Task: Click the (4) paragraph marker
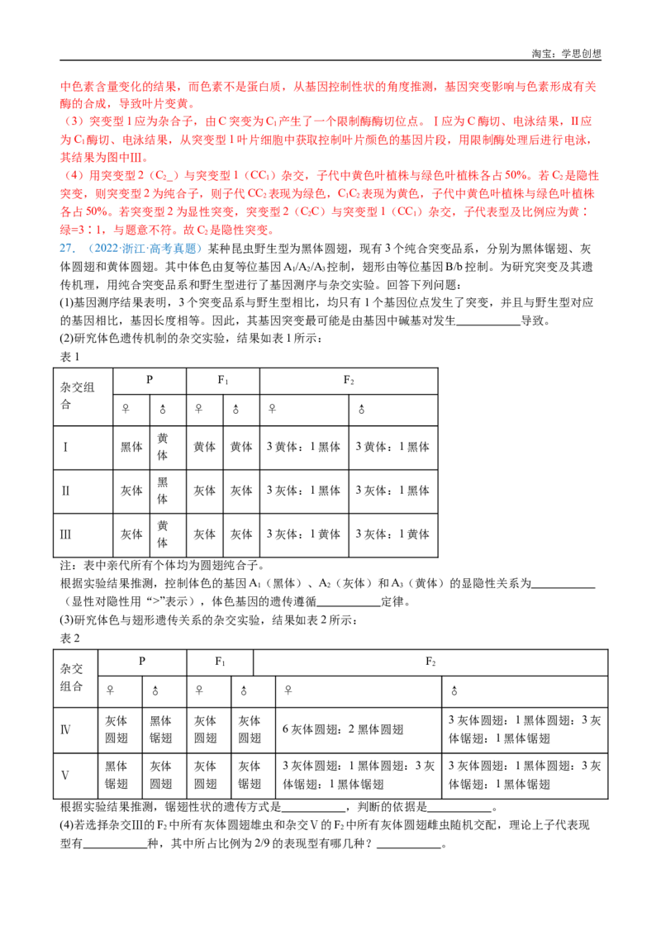click(74, 176)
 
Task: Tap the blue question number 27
click(67, 249)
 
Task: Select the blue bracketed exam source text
click(144, 249)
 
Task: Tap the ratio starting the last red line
click(76, 231)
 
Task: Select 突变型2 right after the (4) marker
click(104, 176)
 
